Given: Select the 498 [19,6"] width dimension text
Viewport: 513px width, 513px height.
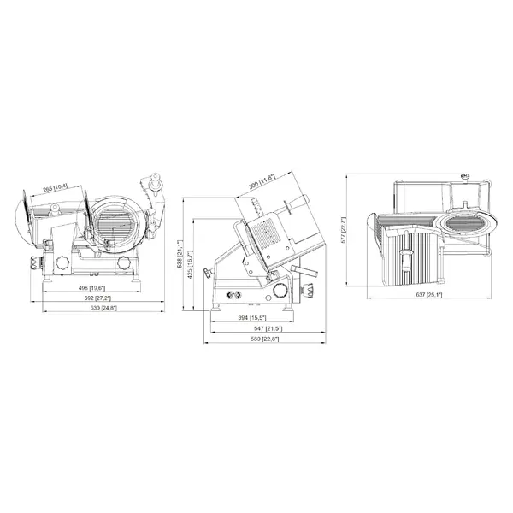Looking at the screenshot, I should click(83, 288).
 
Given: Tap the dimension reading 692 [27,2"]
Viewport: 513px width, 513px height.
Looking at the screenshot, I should click(83, 298).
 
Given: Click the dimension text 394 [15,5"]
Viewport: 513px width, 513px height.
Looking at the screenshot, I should click(252, 318).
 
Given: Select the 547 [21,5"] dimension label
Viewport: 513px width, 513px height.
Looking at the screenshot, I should click(252, 328).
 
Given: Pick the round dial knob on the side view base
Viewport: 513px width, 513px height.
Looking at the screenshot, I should click(282, 293).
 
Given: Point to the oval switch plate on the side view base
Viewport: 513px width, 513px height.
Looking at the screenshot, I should click(232, 296).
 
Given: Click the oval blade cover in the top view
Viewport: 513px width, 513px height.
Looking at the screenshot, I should click(466, 221).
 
